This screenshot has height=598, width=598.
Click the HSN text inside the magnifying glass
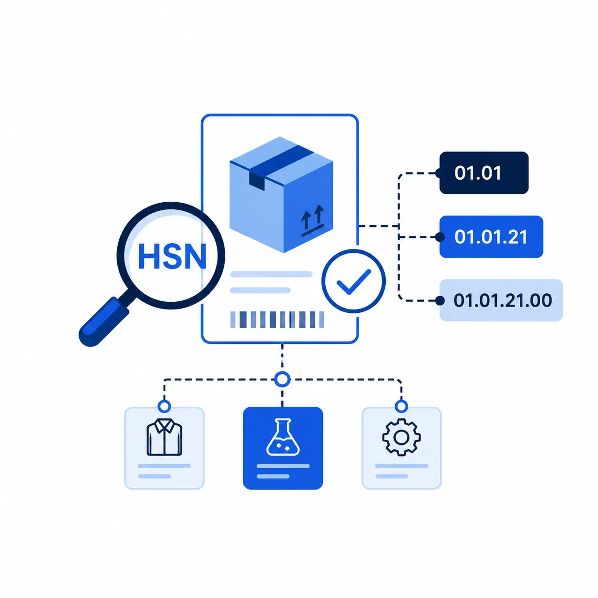click(172, 257)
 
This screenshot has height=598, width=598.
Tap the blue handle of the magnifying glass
click(104, 321)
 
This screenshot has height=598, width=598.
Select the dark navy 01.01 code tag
click(484, 173)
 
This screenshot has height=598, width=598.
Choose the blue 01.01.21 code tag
click(491, 237)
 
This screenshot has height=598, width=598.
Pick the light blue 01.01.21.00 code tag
click(501, 300)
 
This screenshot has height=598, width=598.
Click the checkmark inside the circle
click(354, 281)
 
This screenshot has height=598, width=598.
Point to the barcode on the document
click(277, 320)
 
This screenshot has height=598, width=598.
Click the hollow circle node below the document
click(282, 379)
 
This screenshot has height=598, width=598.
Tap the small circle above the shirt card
click(164, 406)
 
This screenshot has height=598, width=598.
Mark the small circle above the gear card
click(401, 406)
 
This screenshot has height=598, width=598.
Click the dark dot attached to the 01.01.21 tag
click(440, 237)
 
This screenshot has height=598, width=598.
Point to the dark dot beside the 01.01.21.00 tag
click(440, 300)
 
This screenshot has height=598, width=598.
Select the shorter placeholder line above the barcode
click(260, 290)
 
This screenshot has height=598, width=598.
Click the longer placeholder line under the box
click(271, 274)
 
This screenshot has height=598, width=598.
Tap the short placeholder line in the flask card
click(273, 476)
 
